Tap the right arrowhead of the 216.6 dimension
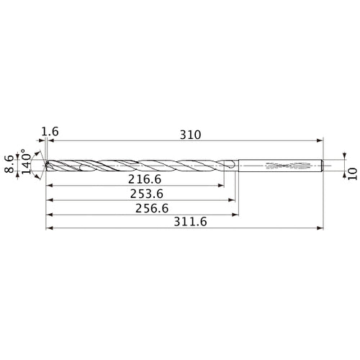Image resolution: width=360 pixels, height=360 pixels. (222, 185)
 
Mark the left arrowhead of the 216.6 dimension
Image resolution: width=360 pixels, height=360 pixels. (48, 185)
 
